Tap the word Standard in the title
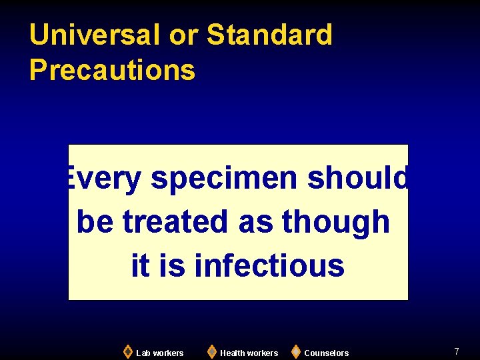(269, 35)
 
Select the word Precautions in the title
(112, 70)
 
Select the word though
(335, 221)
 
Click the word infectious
(269, 265)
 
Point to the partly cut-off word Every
(104, 179)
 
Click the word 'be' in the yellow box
(95, 221)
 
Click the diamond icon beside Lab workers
(128, 351)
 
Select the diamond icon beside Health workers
(212, 351)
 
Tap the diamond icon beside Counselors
(296, 351)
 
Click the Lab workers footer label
(160, 353)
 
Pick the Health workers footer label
(249, 353)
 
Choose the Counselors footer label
(327, 353)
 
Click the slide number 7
(457, 351)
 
